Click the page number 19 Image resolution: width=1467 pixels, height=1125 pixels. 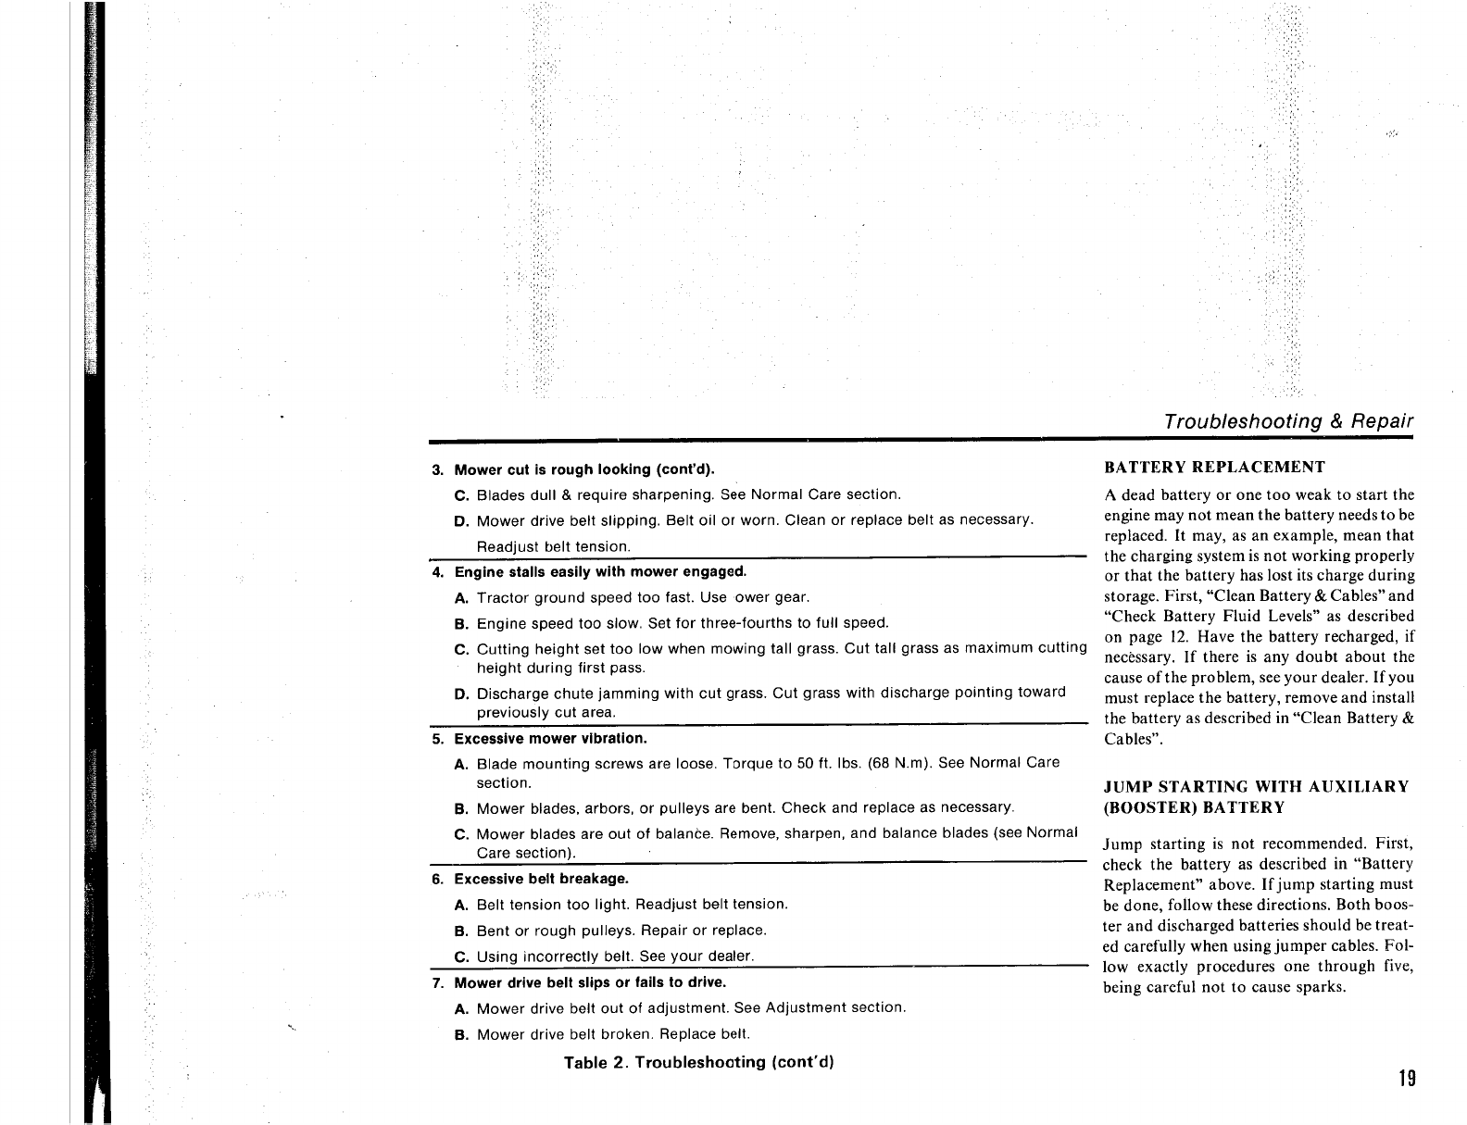coord(1407,1079)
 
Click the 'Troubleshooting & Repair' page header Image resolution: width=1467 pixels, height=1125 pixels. coord(1288,422)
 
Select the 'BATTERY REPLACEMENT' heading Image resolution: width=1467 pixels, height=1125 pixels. coord(1214,468)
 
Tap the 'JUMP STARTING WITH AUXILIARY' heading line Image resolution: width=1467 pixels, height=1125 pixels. coord(1256,787)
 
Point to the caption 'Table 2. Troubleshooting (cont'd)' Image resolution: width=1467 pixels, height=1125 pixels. coord(699,1062)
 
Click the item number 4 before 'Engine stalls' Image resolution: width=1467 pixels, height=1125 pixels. coord(437,571)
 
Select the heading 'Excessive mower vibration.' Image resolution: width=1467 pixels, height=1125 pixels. coord(550,739)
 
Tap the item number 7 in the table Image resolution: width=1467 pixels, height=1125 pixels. coord(437,982)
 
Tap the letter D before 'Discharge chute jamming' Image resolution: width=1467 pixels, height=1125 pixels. coord(460,694)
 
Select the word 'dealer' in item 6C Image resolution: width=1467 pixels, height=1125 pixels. coord(729,956)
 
